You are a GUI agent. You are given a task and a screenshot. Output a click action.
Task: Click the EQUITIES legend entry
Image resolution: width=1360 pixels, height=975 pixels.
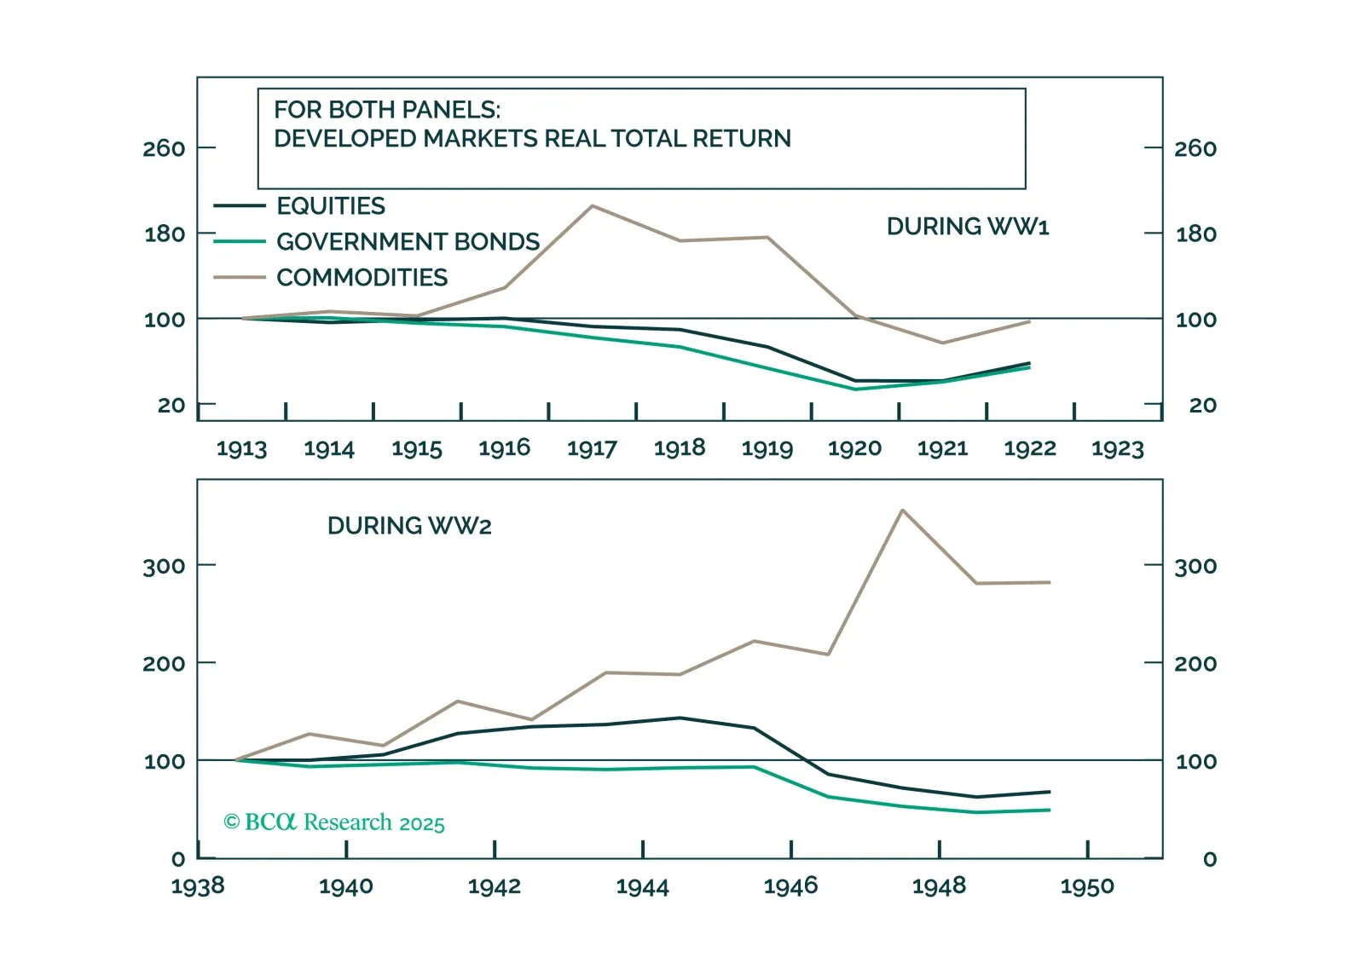tap(331, 206)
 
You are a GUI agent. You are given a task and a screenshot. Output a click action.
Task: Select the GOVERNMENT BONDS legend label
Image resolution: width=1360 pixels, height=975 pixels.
tap(408, 242)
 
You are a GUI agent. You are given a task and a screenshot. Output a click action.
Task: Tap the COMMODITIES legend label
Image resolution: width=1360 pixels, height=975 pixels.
tap(362, 278)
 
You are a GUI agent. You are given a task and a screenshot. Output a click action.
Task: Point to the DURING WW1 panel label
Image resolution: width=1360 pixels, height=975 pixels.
tap(968, 227)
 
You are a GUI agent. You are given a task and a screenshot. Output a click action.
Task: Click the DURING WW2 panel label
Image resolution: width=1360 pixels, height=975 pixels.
tap(409, 526)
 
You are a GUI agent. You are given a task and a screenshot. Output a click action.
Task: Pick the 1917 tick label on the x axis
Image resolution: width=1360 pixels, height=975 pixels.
tap(592, 448)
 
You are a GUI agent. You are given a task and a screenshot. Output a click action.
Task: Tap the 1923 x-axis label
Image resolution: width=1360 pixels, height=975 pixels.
tap(1117, 448)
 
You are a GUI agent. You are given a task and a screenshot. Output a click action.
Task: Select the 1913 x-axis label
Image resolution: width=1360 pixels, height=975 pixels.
tap(241, 448)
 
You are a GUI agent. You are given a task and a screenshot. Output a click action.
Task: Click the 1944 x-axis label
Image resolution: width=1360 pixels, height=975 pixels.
tap(642, 887)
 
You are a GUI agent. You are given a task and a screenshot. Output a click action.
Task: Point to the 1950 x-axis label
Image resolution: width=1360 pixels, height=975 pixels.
tap(1087, 887)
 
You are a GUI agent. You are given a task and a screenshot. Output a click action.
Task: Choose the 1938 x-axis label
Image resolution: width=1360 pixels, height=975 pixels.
tap(198, 887)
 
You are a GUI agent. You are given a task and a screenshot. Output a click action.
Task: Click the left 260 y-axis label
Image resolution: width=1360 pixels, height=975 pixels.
tap(164, 149)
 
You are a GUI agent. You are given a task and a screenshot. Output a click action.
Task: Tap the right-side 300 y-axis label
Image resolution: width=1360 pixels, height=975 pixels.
tap(1195, 567)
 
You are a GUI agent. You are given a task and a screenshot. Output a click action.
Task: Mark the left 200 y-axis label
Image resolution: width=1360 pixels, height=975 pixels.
tap(164, 664)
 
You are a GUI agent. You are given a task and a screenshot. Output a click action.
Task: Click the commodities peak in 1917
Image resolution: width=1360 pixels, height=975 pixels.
tap(593, 205)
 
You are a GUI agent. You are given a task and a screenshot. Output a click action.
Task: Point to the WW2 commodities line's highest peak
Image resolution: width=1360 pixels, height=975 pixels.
tap(902, 511)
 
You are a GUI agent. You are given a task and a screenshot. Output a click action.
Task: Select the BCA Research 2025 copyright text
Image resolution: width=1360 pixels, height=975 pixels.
tap(334, 822)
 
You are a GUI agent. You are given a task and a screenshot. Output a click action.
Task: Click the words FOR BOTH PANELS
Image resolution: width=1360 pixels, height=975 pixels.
tap(387, 110)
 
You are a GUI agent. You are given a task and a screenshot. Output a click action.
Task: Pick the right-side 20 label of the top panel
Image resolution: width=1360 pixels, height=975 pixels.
tap(1202, 406)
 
